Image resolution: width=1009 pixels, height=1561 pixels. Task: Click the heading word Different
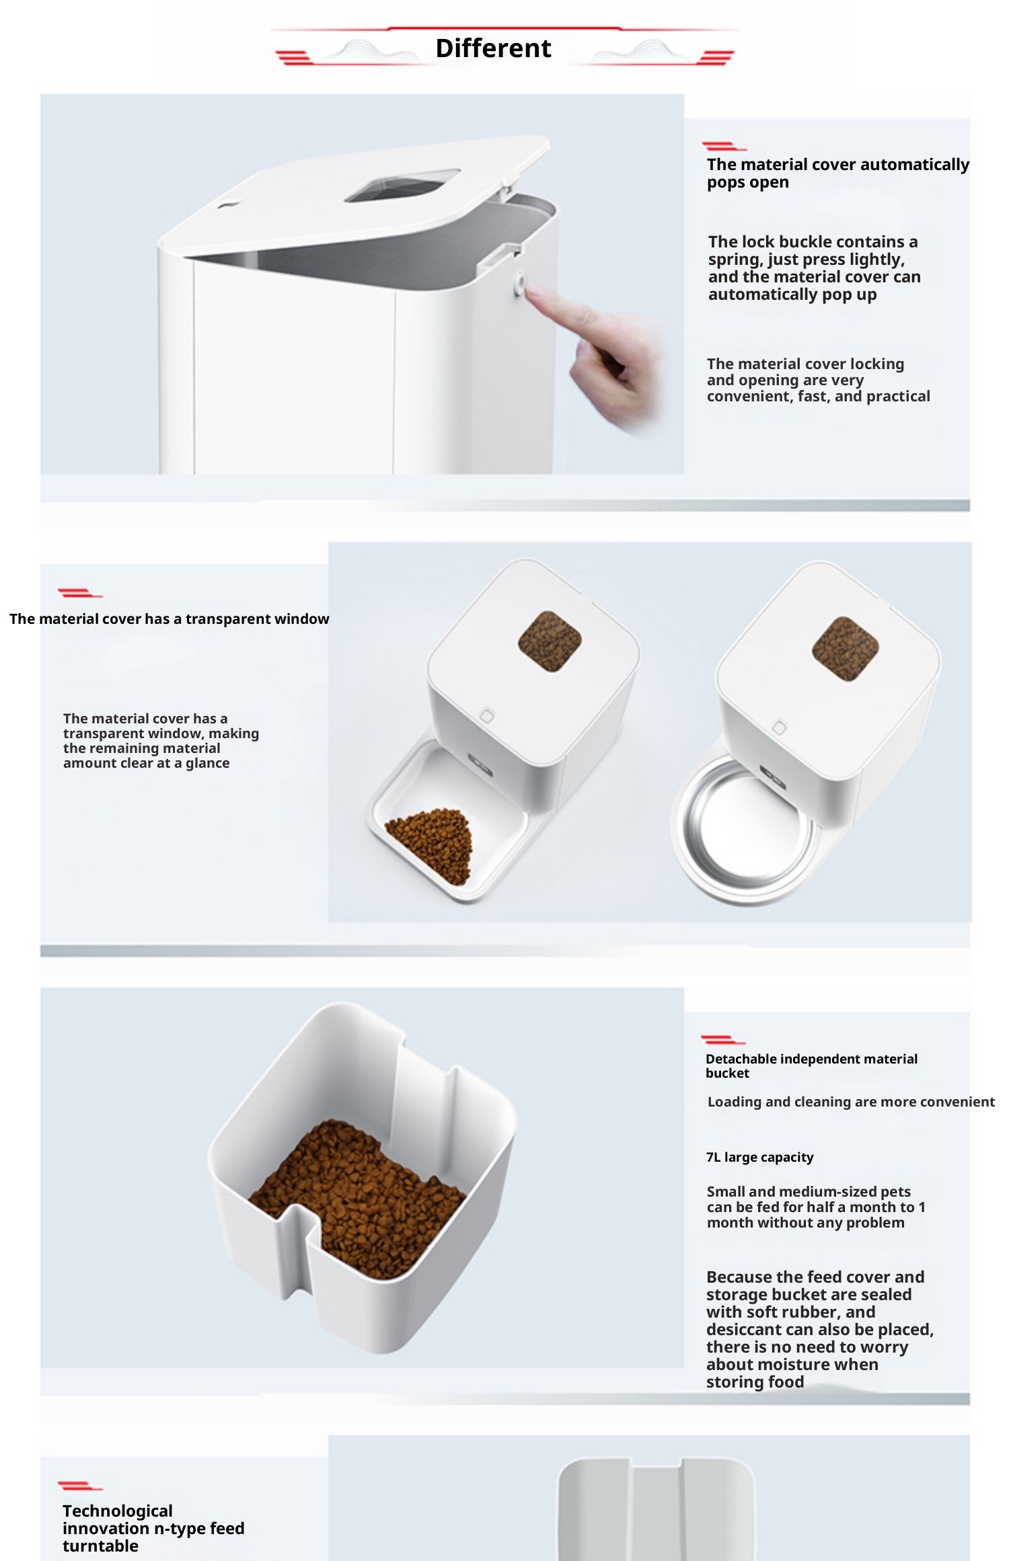click(493, 48)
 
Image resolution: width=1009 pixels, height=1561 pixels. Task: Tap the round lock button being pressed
click(520, 282)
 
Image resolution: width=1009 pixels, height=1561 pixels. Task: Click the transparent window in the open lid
click(402, 185)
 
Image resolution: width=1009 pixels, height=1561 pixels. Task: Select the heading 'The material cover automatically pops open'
click(837, 173)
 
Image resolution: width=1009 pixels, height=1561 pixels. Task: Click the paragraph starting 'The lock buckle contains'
click(814, 268)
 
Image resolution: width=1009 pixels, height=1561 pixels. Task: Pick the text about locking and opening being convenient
click(818, 380)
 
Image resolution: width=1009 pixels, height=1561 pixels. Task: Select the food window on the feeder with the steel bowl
click(845, 648)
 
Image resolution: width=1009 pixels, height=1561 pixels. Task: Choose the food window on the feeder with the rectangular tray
click(550, 641)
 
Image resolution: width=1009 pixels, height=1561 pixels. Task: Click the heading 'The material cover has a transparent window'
click(170, 618)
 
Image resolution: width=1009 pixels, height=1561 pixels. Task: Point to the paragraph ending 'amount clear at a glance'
click(161, 741)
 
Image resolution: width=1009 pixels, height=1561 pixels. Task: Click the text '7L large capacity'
click(759, 1157)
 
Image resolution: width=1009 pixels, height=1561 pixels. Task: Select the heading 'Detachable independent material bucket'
click(811, 1066)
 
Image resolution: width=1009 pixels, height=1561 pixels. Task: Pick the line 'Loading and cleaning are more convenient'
click(851, 1102)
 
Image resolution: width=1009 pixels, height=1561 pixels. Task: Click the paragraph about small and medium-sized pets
click(816, 1207)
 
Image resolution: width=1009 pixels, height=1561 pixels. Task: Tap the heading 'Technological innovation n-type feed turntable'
click(153, 1528)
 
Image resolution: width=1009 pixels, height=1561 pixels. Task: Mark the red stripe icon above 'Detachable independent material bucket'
click(722, 1041)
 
